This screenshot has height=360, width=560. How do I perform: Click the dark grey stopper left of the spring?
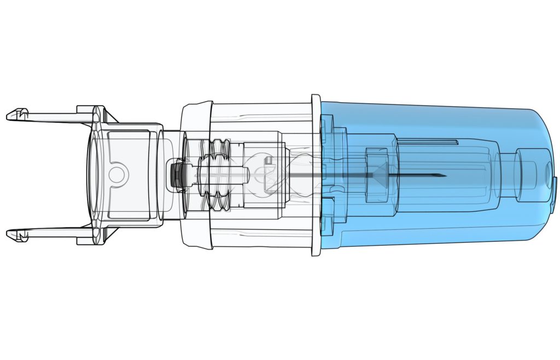pyautogui.click(x=177, y=175)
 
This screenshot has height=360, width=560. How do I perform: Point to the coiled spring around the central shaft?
pyautogui.click(x=215, y=175)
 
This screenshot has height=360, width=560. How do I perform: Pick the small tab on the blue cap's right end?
pyautogui.click(x=555, y=186)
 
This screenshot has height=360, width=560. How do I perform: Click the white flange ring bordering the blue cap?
pyautogui.click(x=316, y=175)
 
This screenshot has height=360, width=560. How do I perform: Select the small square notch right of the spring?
pyautogui.click(x=269, y=160)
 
